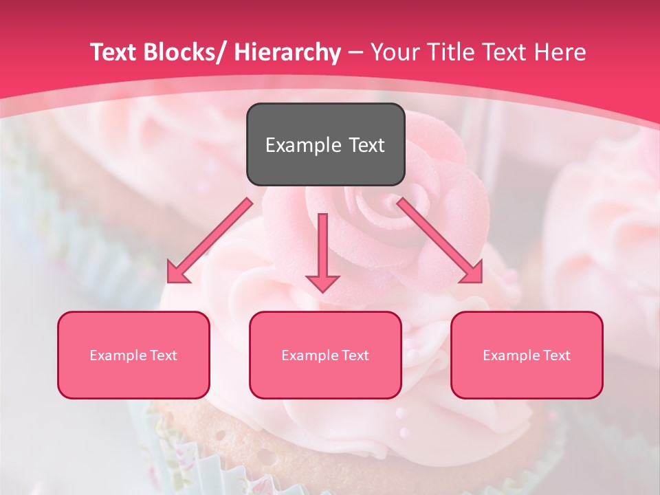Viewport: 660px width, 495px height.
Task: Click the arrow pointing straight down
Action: point(322,247)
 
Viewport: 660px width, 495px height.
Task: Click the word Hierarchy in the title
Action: point(287,52)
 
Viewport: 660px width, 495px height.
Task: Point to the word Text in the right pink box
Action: point(555,355)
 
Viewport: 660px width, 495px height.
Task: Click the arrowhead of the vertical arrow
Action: point(322,283)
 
